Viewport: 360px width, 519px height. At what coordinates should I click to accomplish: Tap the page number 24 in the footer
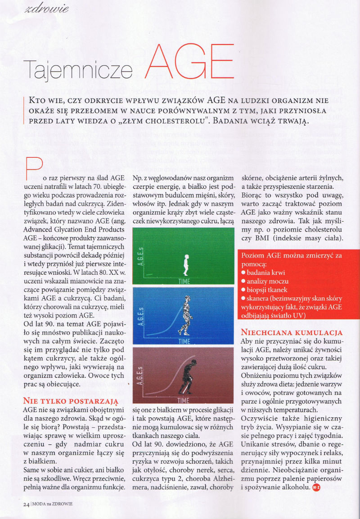point(26,504)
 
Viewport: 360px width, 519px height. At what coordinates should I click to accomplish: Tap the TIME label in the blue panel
point(184,341)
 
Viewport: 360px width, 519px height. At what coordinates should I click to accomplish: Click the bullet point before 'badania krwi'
point(243,273)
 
